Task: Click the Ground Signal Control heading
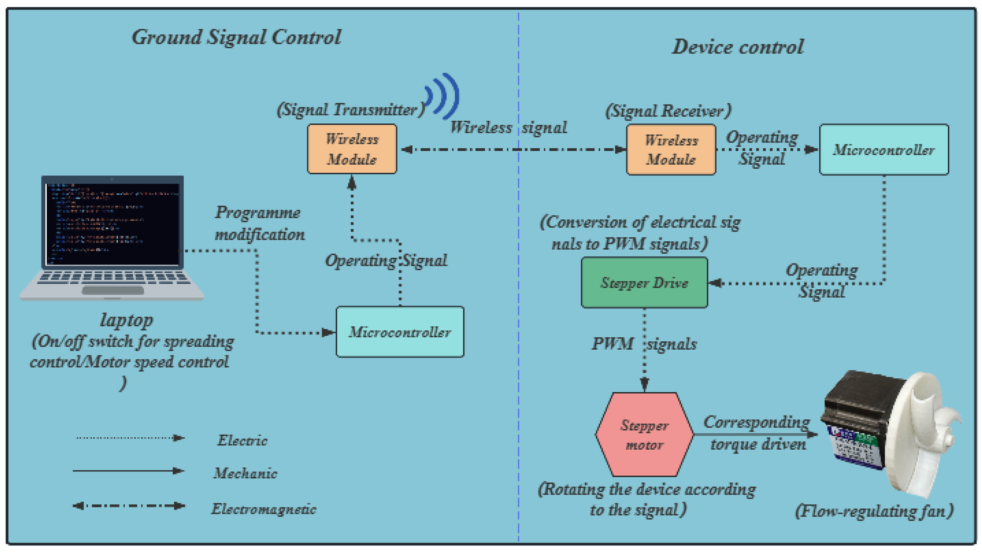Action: coord(236,37)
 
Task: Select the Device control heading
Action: coord(738,47)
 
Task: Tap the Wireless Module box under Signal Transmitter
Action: coord(352,149)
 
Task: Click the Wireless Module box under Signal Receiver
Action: coord(671,150)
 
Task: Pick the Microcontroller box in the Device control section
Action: coord(884,150)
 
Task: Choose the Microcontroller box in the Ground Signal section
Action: coord(400,332)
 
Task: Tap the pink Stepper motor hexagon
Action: coord(644,435)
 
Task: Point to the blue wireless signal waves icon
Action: coord(443,96)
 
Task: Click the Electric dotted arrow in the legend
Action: coord(130,438)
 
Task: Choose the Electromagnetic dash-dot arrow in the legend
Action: coord(129,506)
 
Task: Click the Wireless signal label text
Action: coord(508,127)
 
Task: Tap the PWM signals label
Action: coord(644,344)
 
